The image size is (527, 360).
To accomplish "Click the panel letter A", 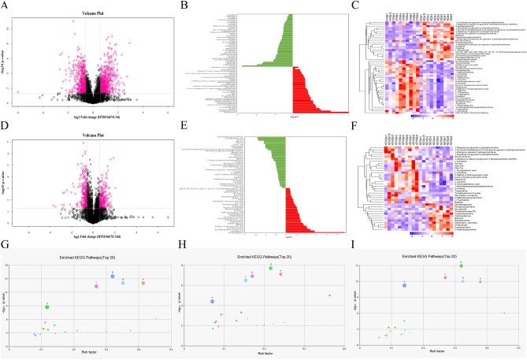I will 6,5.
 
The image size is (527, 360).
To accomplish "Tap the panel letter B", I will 183,5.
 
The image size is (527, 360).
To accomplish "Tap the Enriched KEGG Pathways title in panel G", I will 89,258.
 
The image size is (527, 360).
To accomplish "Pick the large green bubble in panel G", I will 47,306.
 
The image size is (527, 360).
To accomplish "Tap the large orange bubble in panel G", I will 143,283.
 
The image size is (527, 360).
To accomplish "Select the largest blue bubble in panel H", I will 212,301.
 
